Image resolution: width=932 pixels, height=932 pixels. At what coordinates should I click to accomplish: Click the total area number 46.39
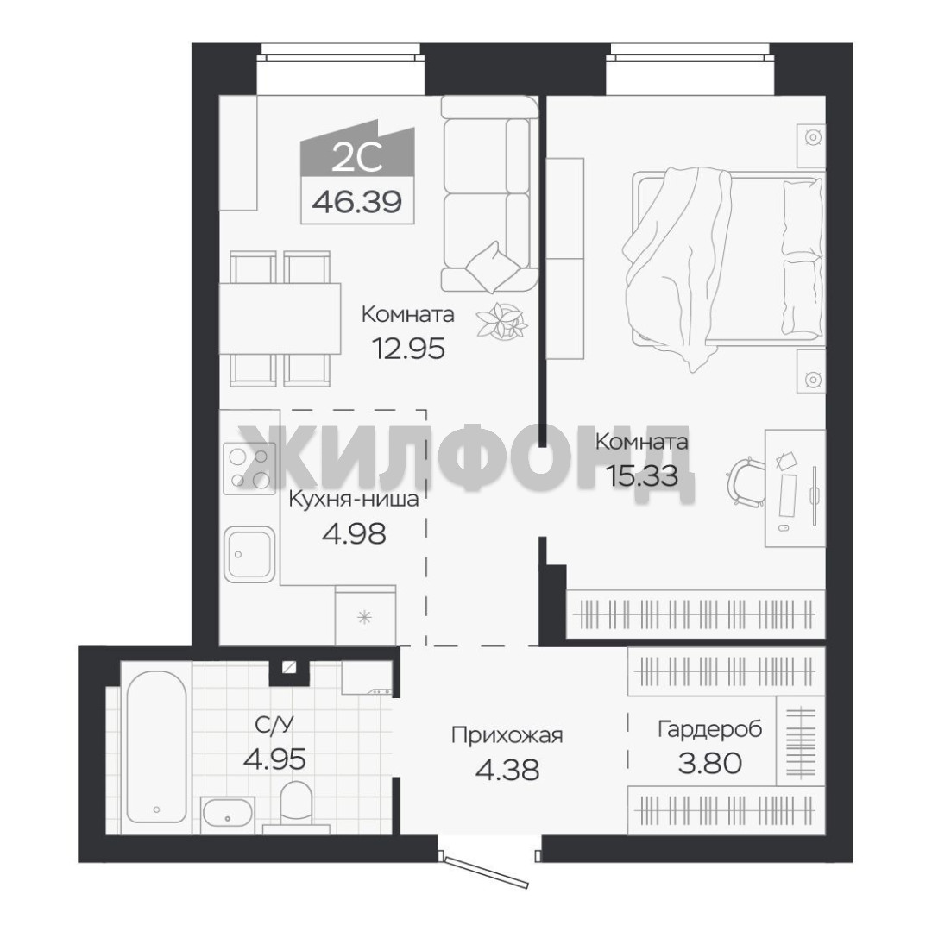click(x=356, y=202)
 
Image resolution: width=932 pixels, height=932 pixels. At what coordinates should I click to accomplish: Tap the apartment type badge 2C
click(x=356, y=158)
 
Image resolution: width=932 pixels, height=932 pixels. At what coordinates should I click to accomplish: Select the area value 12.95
click(x=408, y=349)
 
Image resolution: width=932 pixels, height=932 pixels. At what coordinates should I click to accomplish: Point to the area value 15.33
click(x=641, y=475)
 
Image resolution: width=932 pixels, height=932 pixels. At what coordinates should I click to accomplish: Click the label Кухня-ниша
click(x=354, y=500)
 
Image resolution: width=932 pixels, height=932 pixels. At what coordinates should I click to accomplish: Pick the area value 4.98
click(x=354, y=533)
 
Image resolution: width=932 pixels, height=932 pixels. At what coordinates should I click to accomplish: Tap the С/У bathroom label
click(x=274, y=725)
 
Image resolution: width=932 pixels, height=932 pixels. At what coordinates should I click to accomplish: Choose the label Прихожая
click(x=507, y=735)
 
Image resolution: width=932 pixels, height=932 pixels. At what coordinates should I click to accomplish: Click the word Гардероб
click(x=709, y=728)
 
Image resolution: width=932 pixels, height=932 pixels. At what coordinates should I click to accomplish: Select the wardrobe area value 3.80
click(x=709, y=763)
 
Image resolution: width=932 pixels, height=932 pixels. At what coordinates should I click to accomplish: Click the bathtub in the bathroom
click(x=157, y=747)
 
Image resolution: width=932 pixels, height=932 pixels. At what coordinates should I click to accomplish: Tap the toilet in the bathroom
click(x=295, y=805)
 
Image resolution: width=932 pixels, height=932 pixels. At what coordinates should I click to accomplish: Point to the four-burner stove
click(x=249, y=469)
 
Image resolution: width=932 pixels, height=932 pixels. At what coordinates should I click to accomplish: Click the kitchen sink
click(x=249, y=555)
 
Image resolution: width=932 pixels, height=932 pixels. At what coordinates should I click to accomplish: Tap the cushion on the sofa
click(x=491, y=267)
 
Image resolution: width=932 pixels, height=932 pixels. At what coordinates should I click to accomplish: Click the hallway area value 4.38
click(x=507, y=769)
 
